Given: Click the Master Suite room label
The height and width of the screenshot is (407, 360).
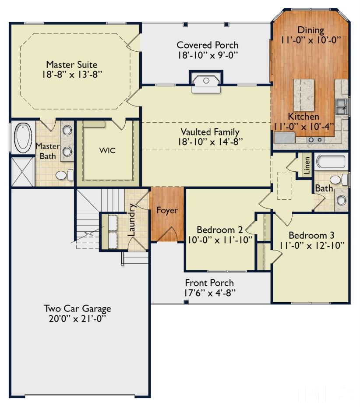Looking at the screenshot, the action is tap(72, 64).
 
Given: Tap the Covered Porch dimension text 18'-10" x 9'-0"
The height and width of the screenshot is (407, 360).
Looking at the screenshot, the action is tap(208, 55).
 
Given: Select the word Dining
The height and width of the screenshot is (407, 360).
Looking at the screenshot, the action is tap(311, 30).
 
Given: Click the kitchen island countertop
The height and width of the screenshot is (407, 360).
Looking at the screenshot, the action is tap(304, 95).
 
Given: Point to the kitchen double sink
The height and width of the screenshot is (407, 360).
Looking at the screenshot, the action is tap(341, 106).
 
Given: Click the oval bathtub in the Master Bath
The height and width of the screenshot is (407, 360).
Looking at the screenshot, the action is tap(23, 137).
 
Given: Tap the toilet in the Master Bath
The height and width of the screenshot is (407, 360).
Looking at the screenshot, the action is tap(65, 175).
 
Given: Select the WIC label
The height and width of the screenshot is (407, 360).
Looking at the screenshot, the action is tap(107, 150).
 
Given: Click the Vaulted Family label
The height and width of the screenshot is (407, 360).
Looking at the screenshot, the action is tap(210, 132).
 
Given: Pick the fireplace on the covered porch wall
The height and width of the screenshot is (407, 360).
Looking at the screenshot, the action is tap(206, 81).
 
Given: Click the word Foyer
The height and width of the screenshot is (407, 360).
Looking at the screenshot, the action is tap(167, 210).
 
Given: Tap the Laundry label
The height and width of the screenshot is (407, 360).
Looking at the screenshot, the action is tap(131, 219).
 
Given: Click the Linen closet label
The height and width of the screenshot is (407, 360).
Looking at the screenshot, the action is tap(307, 165).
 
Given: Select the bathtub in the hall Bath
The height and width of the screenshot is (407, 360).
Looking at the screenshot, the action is tap(331, 161).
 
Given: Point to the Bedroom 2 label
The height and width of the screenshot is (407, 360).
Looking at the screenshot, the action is tap(219, 230).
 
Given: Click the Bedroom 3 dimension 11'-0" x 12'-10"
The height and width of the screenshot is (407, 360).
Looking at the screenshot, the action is tap(311, 245).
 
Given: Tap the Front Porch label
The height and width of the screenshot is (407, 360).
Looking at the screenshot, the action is tap(209, 283).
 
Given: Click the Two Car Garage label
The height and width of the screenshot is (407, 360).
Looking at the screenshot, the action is tap(78, 308).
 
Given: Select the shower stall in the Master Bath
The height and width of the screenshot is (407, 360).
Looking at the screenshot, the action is tap(23, 172).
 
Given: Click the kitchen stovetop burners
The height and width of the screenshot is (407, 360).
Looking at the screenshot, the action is tap(315, 140).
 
